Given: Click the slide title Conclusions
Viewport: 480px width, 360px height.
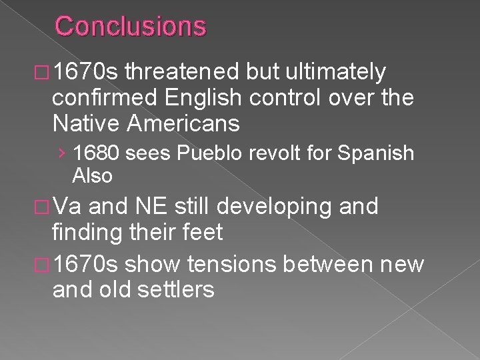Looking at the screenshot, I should [131, 27].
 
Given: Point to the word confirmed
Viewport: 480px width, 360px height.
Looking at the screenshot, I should [105, 98].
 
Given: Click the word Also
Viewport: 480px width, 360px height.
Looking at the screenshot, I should [92, 175].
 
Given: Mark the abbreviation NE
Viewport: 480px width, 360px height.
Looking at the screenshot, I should [153, 207].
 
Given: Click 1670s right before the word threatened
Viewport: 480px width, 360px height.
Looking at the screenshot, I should [86, 71].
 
